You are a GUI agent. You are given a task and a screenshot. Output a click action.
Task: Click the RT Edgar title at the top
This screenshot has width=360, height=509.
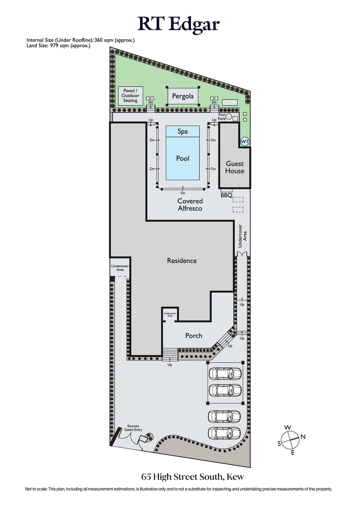tap(180, 23)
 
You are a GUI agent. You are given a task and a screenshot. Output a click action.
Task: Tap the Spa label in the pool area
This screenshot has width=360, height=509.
tap(182, 131)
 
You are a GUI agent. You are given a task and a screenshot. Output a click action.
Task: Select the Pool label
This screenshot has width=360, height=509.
tap(183, 158)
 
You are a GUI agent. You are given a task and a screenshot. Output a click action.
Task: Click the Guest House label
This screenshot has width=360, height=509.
tap(235, 167)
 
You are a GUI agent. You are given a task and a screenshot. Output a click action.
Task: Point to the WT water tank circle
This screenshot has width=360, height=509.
tap(244, 142)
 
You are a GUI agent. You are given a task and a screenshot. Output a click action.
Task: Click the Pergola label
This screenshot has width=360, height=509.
tap(183, 96)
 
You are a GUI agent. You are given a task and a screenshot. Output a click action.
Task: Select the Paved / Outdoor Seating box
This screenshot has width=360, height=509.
tap(130, 96)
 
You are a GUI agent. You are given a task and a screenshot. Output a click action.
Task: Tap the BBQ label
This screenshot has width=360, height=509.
tap(226, 195)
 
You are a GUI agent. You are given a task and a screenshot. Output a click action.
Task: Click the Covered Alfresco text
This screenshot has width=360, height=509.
tap(190, 205)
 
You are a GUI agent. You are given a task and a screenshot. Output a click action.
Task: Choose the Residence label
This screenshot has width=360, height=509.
tap(182, 260)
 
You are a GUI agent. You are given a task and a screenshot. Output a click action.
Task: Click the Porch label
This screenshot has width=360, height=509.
tap(194, 335)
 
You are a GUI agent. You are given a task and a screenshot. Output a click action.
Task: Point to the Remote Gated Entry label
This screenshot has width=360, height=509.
tap(134, 428)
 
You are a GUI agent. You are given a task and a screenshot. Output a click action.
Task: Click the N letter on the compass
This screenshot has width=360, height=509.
tap(303, 436)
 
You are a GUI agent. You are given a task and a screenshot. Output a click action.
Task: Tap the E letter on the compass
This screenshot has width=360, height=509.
tap(292, 452)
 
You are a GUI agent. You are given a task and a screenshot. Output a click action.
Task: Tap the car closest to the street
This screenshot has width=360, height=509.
tap(225, 433)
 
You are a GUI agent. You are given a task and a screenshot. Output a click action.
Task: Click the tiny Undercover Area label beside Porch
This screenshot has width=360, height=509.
tap(170, 314)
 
